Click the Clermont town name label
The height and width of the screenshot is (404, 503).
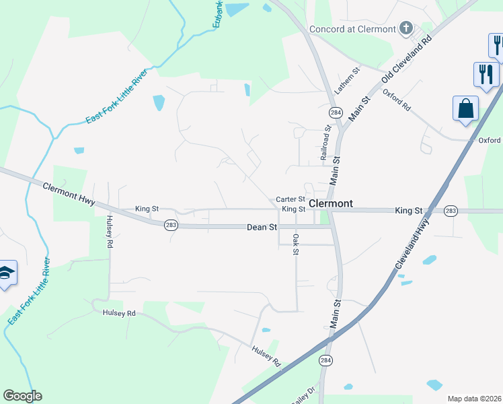point(330,203)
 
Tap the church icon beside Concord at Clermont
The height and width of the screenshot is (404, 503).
point(405,28)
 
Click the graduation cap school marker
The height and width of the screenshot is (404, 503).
point(5,273)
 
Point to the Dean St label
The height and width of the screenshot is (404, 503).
point(262,228)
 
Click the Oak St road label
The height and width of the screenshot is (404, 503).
point(295,244)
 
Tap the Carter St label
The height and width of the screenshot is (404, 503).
point(291,200)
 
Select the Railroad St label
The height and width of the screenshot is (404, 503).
point(325,141)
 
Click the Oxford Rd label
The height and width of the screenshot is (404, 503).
point(397,100)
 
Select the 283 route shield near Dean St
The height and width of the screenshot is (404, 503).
point(171,225)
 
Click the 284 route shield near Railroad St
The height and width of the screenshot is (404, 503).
point(334,111)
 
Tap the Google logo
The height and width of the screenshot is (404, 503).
point(22,396)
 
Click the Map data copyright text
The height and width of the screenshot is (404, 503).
point(475,399)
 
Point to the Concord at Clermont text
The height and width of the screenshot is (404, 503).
point(352,29)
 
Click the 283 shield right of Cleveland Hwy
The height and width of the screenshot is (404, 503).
point(451,211)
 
